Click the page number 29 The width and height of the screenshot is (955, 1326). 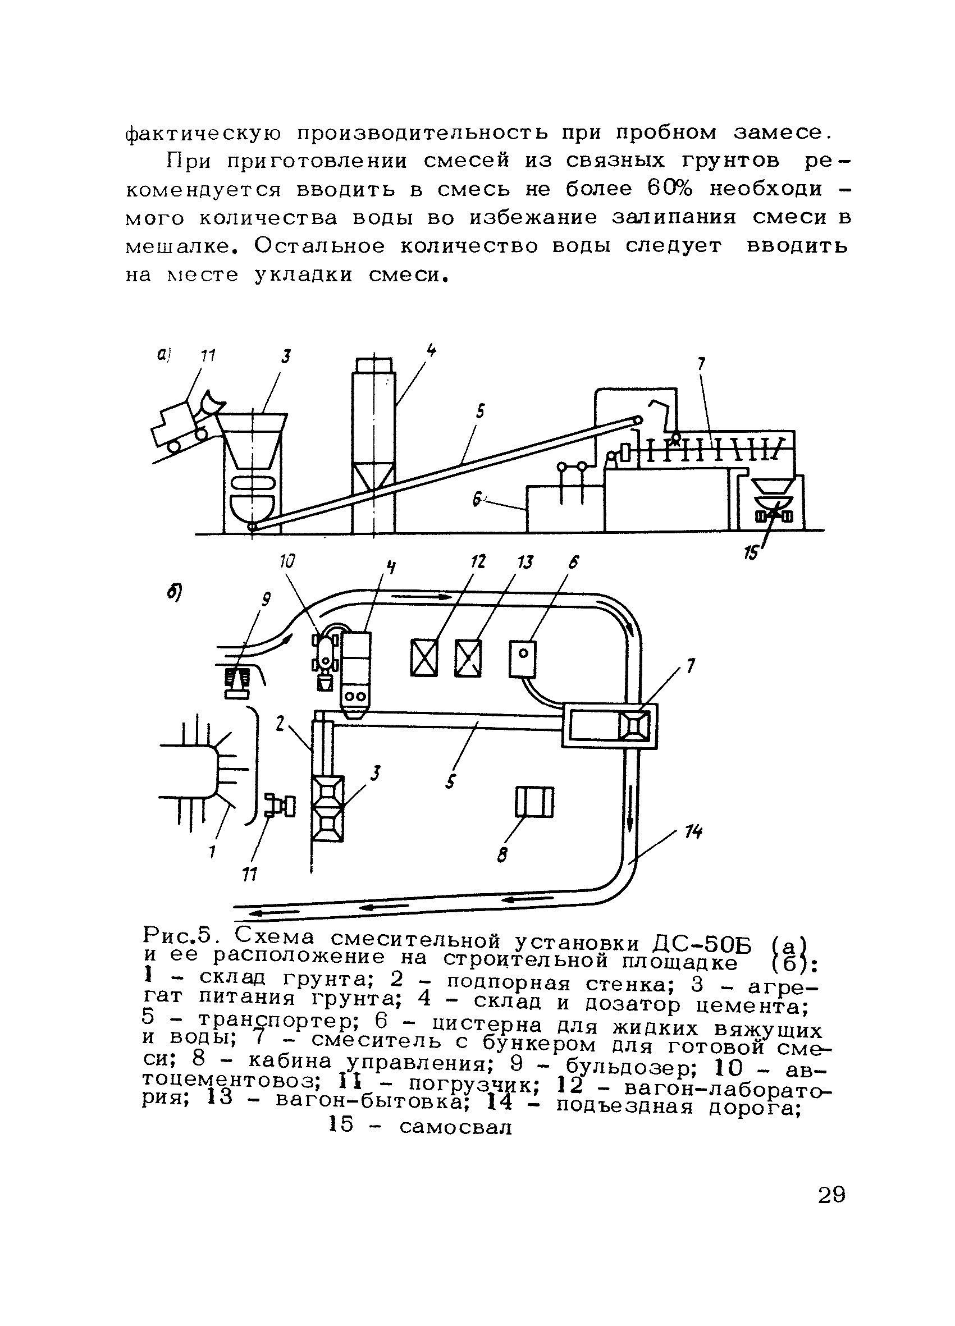pyautogui.click(x=831, y=1195)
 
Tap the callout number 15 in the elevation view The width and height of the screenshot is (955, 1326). pyautogui.click(x=750, y=552)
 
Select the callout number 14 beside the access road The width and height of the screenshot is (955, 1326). pyautogui.click(x=694, y=832)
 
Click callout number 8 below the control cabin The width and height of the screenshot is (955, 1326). pyautogui.click(x=502, y=856)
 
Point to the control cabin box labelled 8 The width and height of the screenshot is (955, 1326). pyautogui.click(x=533, y=802)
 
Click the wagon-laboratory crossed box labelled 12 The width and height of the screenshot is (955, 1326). pyautogui.click(x=424, y=659)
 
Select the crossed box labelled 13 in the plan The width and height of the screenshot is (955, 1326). pyautogui.click(x=468, y=659)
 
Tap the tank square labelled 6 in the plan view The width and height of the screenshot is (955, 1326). pyautogui.click(x=523, y=659)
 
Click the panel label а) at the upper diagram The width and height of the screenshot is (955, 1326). pyautogui.click(x=163, y=354)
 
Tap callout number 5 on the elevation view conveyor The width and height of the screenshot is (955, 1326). pyautogui.click(x=480, y=411)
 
